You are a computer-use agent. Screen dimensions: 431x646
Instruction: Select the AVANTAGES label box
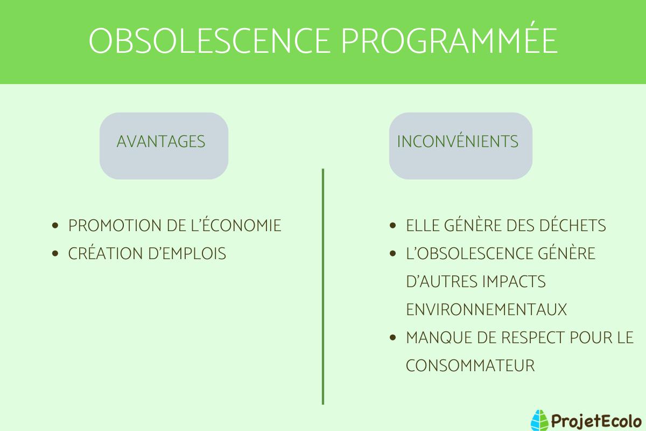pos(164,145)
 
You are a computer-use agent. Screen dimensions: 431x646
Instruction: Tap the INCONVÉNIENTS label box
pos(460,145)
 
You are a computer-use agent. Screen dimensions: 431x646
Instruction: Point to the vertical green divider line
pos(323,286)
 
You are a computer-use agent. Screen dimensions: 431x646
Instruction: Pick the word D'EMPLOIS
pos(187,254)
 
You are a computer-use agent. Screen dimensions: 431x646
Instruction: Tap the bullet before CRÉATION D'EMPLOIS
pos(55,254)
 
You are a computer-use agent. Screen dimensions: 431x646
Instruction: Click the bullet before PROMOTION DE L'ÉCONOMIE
pos(55,226)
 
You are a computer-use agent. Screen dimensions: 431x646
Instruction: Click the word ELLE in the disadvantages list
pos(422,226)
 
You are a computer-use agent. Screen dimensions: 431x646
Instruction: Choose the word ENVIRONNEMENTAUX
pos(486,310)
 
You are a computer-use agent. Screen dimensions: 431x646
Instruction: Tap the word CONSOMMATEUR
pos(470,366)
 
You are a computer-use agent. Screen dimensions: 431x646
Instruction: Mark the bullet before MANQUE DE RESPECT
pos(393,338)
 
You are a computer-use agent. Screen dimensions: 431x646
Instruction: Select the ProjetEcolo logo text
pos(594,419)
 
